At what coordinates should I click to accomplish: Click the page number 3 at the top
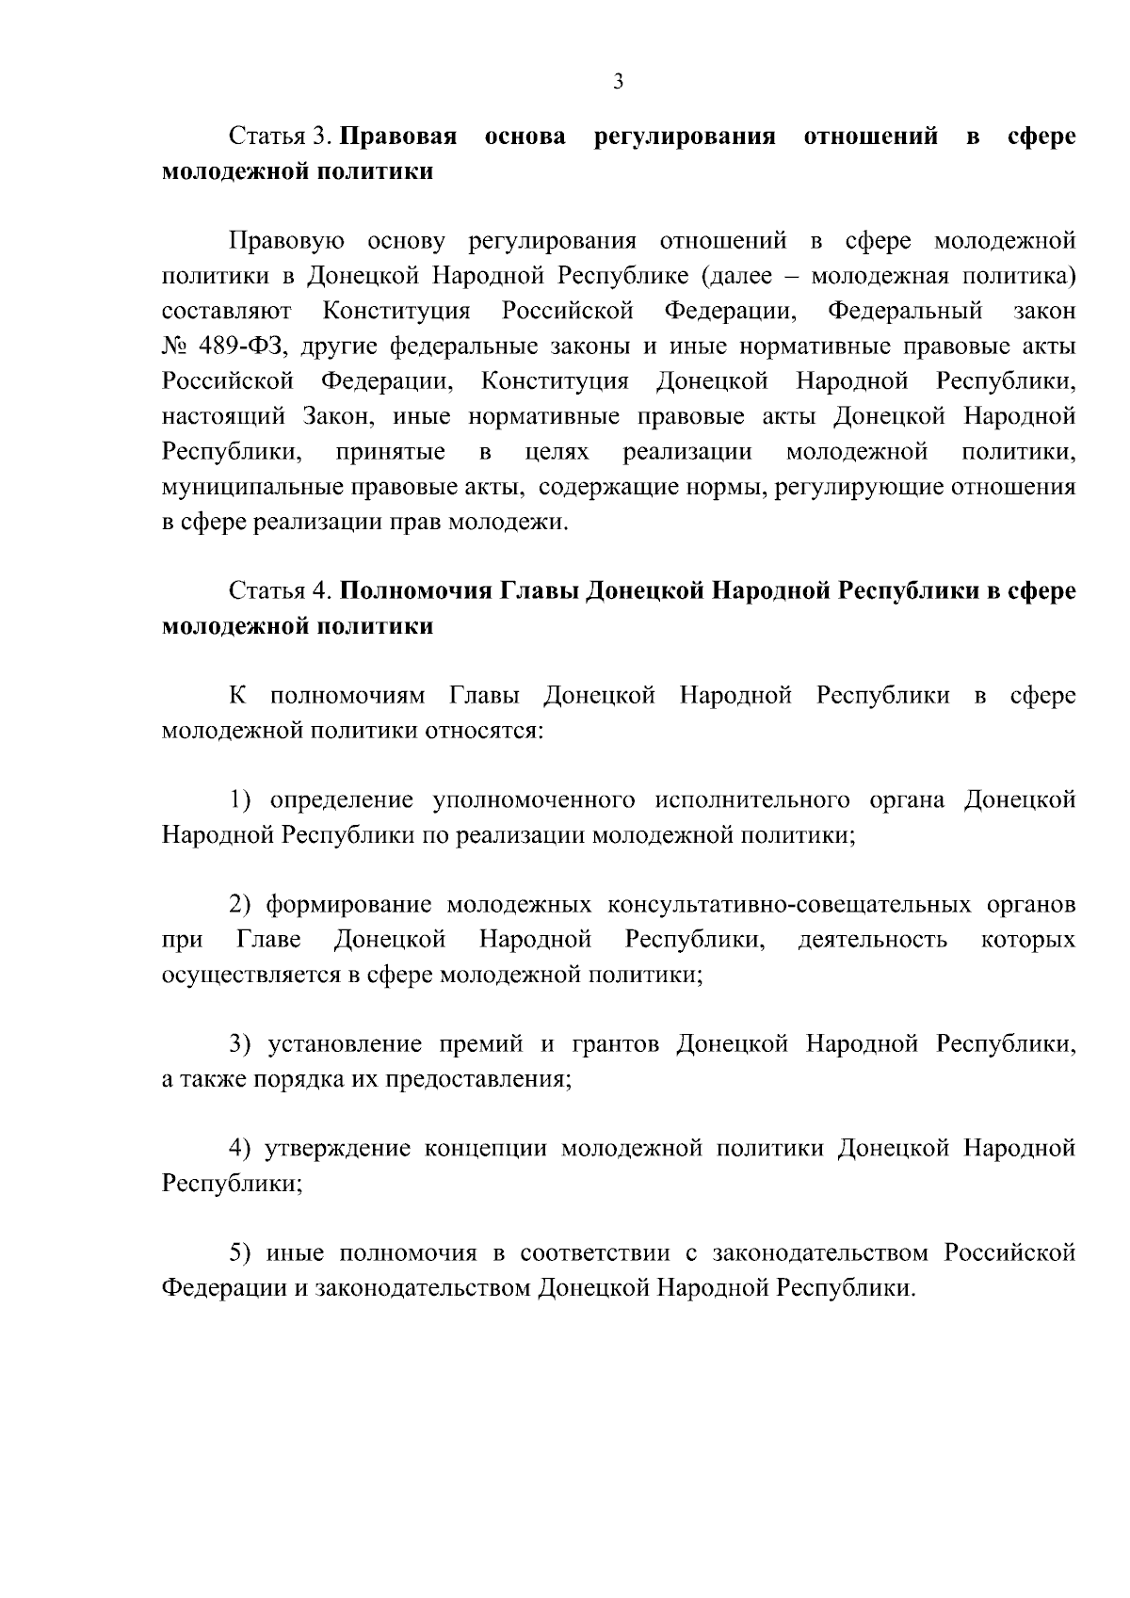[x=618, y=82]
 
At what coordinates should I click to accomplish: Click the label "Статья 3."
[x=281, y=137]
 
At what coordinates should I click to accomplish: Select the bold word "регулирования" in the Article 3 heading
[x=686, y=137]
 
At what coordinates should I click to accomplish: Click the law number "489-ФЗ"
[x=242, y=347]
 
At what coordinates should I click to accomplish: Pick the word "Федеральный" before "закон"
[x=905, y=311]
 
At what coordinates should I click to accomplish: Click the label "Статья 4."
[x=281, y=591]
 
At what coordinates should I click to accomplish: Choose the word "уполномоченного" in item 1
[x=532, y=800]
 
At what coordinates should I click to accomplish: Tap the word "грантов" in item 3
[x=613, y=1044]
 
